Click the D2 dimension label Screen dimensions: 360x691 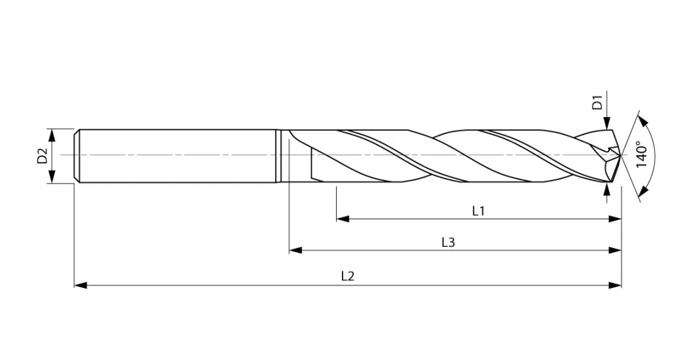(x=42, y=156)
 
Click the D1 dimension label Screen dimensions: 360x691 (x=597, y=103)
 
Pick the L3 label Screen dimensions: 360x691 (x=448, y=242)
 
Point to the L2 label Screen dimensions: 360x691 (x=348, y=276)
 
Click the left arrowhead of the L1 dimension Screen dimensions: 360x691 (x=341, y=219)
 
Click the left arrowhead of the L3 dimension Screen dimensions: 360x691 (x=295, y=250)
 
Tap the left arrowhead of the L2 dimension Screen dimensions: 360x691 (x=80, y=285)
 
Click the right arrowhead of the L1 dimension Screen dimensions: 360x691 (x=616, y=219)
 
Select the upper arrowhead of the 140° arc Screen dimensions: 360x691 (x=643, y=121)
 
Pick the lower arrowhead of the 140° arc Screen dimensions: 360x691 (x=643, y=190)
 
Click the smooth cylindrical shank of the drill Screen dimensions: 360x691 (x=177, y=156)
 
